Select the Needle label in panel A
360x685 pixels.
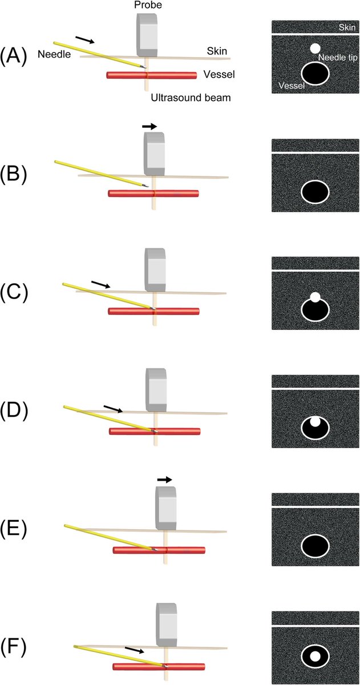53,55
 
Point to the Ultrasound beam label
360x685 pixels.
191,98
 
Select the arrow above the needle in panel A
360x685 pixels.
85,40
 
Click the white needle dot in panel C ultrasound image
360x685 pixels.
314,297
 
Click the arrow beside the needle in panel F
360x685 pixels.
134,650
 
